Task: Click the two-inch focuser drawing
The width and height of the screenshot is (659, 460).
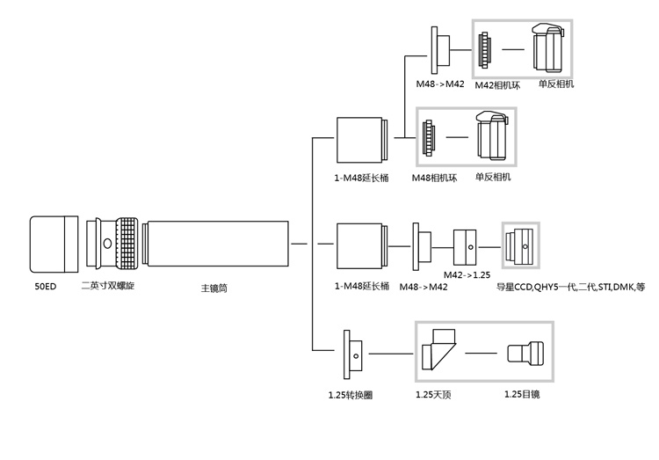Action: (112, 242)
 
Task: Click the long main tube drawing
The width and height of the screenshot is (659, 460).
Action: (218, 242)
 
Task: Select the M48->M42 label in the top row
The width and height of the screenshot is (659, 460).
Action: (441, 85)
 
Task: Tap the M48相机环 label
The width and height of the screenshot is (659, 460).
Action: (435, 177)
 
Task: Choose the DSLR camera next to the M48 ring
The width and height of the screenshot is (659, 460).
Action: (495, 138)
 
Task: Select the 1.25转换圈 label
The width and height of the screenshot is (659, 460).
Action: (350, 395)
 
